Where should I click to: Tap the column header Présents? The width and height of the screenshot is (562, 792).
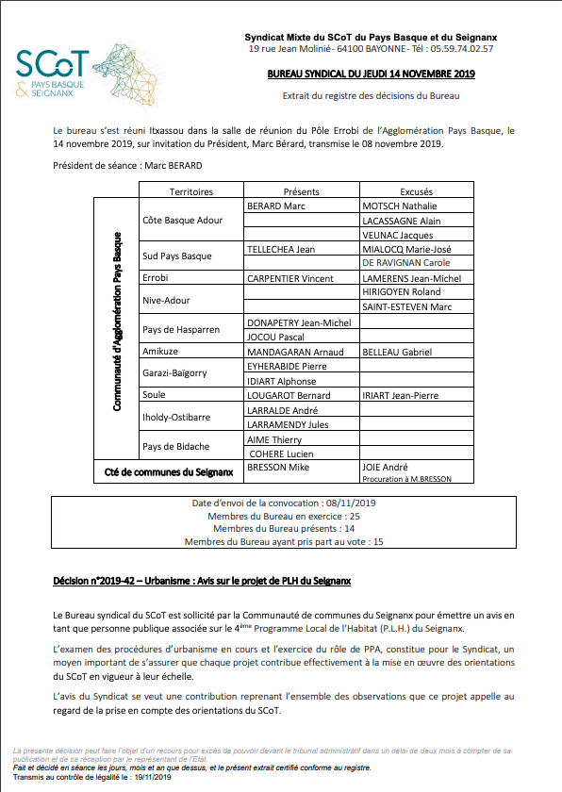click(x=301, y=191)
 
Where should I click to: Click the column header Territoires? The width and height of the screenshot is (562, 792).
click(x=190, y=191)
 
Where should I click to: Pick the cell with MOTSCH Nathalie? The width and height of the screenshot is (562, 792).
click(x=400, y=206)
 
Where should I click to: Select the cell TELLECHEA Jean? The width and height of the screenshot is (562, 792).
click(x=280, y=249)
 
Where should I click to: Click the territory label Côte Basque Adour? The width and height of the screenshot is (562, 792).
click(x=182, y=220)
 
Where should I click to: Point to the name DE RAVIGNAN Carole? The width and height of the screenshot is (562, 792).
click(x=406, y=263)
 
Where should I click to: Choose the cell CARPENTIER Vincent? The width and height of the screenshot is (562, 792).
click(x=290, y=279)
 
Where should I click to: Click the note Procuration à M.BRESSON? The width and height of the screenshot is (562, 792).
click(x=406, y=479)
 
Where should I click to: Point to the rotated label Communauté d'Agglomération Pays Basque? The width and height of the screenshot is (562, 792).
click(x=118, y=321)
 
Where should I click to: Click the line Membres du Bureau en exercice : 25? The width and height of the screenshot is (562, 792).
click(x=283, y=516)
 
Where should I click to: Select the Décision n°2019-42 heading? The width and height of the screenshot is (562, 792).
click(x=202, y=581)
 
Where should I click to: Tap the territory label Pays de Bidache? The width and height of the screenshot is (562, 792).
click(x=175, y=446)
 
